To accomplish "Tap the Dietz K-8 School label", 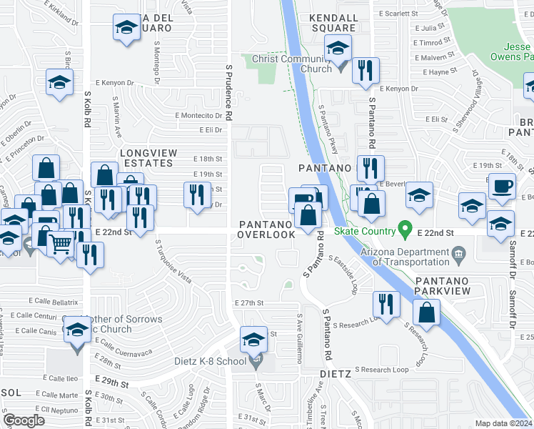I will (x=211, y=361).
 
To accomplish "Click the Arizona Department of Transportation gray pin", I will (x=459, y=253).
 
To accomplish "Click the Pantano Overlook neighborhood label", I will (x=266, y=230).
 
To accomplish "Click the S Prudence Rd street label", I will (x=229, y=92).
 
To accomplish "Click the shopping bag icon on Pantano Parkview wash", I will (x=426, y=311).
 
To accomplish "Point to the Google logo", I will (x=24, y=420).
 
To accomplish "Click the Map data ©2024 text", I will (x=503, y=423).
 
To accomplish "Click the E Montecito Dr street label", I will (x=198, y=115).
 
